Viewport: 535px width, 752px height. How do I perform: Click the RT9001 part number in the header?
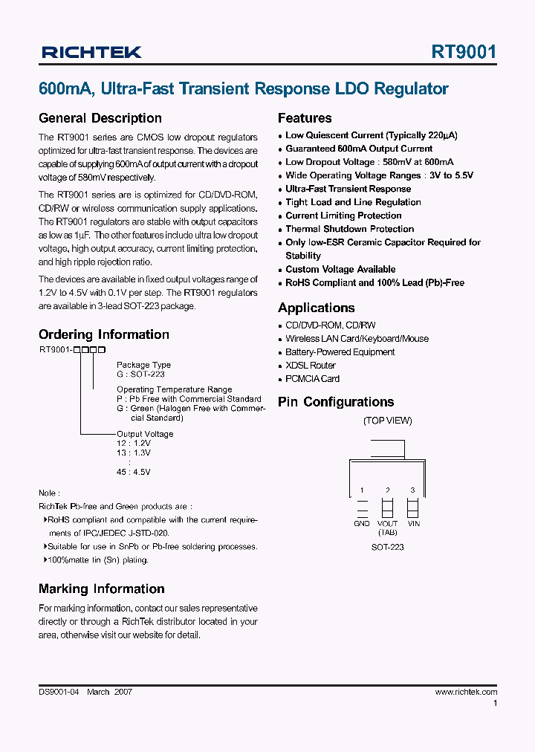tap(464, 52)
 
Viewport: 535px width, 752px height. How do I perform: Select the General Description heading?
tap(100, 118)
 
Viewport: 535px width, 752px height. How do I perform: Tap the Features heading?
tap(305, 118)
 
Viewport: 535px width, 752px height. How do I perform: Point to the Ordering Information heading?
tap(104, 334)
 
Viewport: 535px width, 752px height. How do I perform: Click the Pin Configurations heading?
tap(336, 402)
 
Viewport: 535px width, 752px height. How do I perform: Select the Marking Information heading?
tap(102, 589)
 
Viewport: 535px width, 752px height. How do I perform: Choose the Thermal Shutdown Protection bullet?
tap(349, 229)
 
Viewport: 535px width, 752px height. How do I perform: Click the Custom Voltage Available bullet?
tap(340, 269)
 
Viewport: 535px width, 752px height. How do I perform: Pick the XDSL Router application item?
tap(311, 366)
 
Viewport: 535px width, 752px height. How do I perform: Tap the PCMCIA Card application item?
tap(312, 379)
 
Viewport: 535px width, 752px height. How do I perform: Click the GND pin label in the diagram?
tap(362, 524)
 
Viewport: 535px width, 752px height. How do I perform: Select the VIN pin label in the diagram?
tap(413, 524)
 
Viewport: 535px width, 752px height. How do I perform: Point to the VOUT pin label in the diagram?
tap(387, 524)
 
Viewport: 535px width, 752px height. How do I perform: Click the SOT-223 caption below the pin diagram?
tap(388, 547)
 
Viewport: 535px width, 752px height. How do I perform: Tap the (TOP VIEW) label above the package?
tap(387, 421)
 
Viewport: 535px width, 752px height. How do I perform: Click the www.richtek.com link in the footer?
tap(466, 692)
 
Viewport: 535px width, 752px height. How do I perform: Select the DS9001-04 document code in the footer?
tap(59, 692)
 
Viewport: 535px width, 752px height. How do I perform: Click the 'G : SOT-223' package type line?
tap(140, 375)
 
